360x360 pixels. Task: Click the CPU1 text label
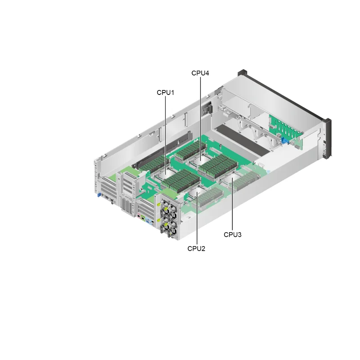(165, 92)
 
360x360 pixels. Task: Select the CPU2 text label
(196, 248)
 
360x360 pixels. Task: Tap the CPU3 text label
(233, 234)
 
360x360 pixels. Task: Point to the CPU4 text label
(200, 73)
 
